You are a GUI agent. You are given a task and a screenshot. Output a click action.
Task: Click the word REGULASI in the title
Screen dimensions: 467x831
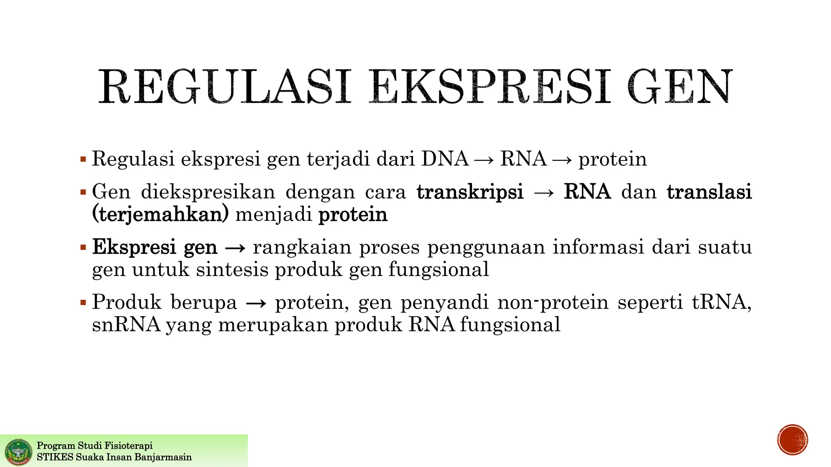[x=224, y=88]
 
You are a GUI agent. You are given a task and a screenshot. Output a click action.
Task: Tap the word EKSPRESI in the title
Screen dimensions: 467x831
[x=490, y=88]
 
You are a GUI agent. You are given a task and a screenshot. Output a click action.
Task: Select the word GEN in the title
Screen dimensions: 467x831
[x=680, y=88]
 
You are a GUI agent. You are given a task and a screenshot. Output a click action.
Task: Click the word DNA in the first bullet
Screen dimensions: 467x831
[x=445, y=159]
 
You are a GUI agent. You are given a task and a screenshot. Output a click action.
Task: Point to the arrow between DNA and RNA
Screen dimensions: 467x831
[x=484, y=160]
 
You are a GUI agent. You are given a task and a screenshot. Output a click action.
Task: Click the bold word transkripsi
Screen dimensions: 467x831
[x=470, y=192]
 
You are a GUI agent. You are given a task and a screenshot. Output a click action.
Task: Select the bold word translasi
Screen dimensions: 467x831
[x=709, y=192]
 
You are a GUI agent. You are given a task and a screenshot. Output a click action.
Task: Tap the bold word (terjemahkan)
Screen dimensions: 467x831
[x=160, y=214]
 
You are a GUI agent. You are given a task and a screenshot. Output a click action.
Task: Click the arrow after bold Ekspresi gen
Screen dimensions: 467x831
[x=235, y=248]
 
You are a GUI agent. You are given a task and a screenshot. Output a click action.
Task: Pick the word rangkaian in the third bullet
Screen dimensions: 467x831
[x=302, y=247]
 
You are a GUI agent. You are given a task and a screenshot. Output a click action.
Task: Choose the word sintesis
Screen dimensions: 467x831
[x=232, y=270]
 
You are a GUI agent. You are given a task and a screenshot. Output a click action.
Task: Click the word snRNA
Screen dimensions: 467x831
[x=126, y=325]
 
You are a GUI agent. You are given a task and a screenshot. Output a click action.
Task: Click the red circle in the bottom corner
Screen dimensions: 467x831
[x=792, y=440]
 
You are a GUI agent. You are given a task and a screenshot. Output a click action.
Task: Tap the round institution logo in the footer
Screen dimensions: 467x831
[x=19, y=452]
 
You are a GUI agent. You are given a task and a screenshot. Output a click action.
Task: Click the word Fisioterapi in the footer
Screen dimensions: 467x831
[x=128, y=446]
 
